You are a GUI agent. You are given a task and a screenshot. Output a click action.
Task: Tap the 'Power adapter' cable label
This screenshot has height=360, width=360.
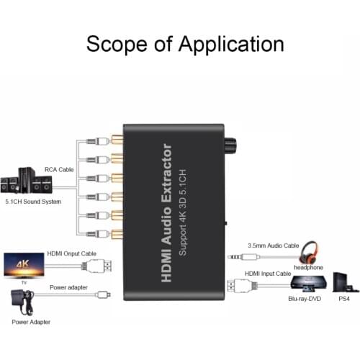click(x=69, y=287)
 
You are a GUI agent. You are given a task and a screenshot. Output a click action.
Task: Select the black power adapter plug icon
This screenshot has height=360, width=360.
click(x=20, y=302)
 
